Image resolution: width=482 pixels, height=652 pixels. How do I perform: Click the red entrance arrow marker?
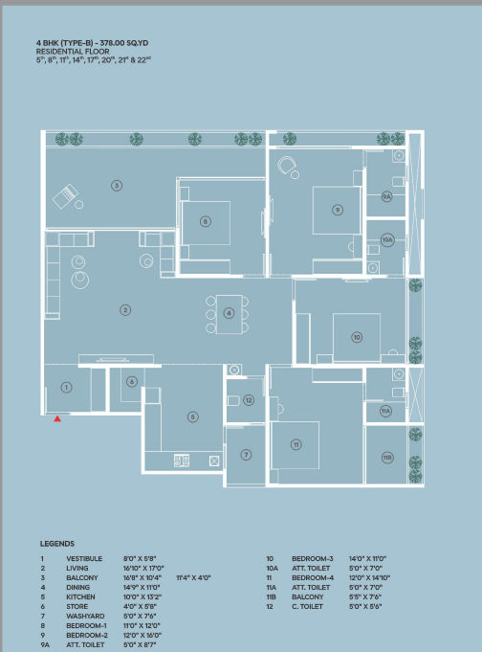[x=57, y=418]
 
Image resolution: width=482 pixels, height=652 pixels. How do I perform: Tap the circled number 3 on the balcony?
[x=117, y=186]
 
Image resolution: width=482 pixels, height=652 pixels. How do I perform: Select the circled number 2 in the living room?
[x=125, y=310]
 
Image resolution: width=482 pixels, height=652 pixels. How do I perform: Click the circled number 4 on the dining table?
[x=229, y=313]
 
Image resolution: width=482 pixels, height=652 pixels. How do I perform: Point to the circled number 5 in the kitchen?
[x=193, y=416]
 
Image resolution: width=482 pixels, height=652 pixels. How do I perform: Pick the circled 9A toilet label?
[x=387, y=196]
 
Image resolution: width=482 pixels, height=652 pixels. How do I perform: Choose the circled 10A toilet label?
[x=387, y=240]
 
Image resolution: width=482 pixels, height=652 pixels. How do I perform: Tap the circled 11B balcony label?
[x=387, y=458]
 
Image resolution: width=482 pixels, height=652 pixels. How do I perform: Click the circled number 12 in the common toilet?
[x=249, y=400]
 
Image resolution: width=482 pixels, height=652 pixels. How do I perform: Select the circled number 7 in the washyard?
[x=246, y=455]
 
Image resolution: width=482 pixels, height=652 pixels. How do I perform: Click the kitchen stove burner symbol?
[x=182, y=461]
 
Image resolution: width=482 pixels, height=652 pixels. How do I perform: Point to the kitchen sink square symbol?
[x=214, y=461]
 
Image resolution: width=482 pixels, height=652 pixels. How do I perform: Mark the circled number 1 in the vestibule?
[x=66, y=388]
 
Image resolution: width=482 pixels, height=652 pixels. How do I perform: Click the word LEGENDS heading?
[x=57, y=544]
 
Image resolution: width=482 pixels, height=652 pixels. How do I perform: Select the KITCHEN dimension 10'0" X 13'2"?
[x=142, y=596]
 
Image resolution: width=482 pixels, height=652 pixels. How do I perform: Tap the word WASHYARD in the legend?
[x=85, y=616]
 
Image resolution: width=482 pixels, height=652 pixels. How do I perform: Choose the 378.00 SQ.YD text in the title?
[x=123, y=43]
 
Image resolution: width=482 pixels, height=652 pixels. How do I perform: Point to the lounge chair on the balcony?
[x=66, y=196]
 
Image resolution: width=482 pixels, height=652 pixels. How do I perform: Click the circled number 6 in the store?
[x=132, y=381]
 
